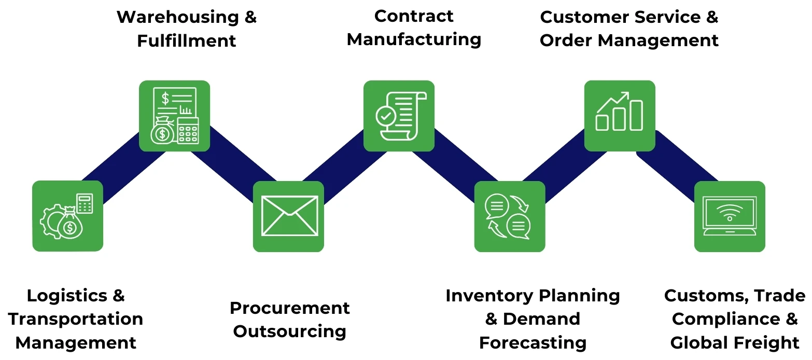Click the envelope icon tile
pyautogui.click(x=288, y=216)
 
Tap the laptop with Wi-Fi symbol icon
pyautogui.click(x=730, y=216)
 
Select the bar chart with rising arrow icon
pyautogui.click(x=620, y=116)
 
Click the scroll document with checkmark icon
pyautogui.click(x=399, y=116)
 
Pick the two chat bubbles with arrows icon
pyautogui.click(x=509, y=216)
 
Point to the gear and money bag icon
pyautogui.click(x=67, y=216)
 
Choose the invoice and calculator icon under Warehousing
pyautogui.click(x=174, y=116)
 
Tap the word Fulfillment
pyautogui.click(x=186, y=40)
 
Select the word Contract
pyautogui.click(x=413, y=16)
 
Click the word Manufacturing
pyautogui.click(x=413, y=39)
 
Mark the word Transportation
pyautogui.click(x=76, y=319)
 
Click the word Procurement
pyautogui.click(x=289, y=308)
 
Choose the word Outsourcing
pyautogui.click(x=289, y=331)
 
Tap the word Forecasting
pyautogui.click(x=533, y=343)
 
